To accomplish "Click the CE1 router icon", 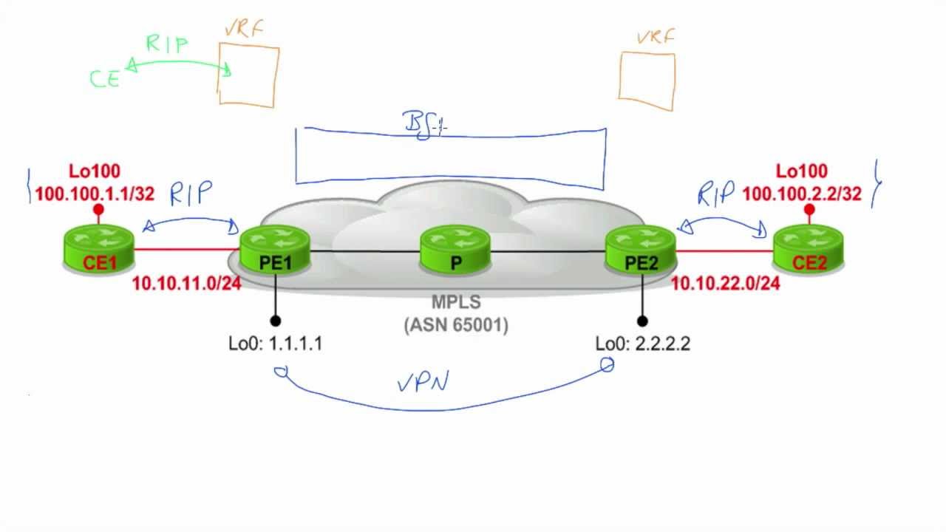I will (98, 248).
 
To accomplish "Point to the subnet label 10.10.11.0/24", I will (186, 284).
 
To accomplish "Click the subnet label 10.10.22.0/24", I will (725, 284).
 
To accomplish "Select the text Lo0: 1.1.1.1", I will (275, 344).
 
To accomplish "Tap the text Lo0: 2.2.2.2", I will (642, 344).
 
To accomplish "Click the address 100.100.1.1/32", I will (94, 194).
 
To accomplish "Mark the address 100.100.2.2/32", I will (802, 194).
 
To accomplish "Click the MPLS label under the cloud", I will (456, 302).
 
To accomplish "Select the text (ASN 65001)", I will (456, 324).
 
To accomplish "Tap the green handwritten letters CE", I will (105, 79).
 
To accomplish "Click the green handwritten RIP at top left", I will (167, 44).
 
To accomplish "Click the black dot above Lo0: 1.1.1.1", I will (275, 321).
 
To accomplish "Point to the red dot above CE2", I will (809, 210).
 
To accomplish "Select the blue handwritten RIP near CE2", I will (715, 194).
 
